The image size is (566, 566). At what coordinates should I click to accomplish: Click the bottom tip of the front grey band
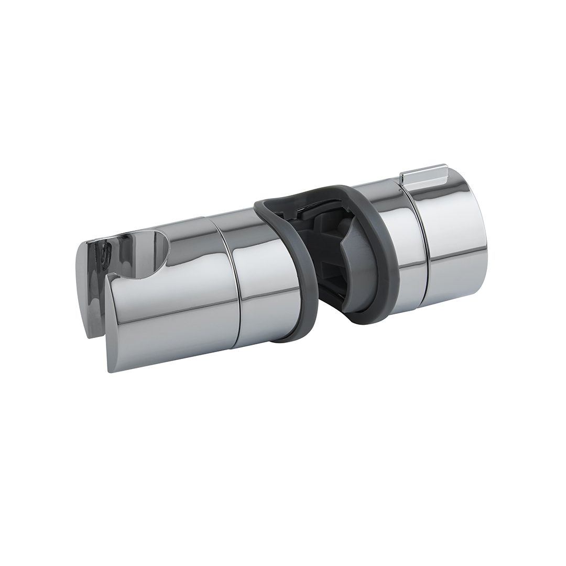coord(299,339)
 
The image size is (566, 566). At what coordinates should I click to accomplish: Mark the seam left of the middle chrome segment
coord(228,283)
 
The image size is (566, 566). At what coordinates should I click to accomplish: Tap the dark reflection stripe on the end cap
coord(461,257)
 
